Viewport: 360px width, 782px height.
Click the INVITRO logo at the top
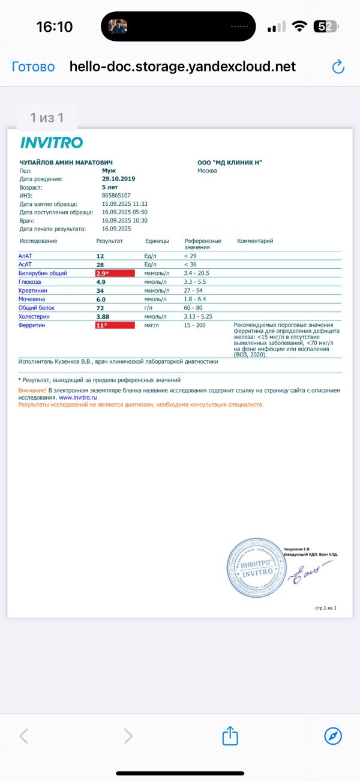point(52,142)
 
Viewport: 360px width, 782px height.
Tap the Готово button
point(33,67)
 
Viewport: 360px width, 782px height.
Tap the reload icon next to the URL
point(338,67)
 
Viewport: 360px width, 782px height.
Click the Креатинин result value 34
point(100,290)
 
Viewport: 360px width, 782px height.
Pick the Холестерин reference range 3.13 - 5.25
point(198,316)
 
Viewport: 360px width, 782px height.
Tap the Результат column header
point(109,241)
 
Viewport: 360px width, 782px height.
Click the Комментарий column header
point(255,241)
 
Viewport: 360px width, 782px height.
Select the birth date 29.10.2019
point(119,179)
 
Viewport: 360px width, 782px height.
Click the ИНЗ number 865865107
point(116,196)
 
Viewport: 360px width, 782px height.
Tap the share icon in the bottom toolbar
point(230,735)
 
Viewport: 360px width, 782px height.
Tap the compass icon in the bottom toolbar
point(332,735)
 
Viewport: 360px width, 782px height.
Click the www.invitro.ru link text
point(78,397)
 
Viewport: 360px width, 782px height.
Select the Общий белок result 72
point(100,308)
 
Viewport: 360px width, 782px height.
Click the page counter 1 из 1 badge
point(47,118)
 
